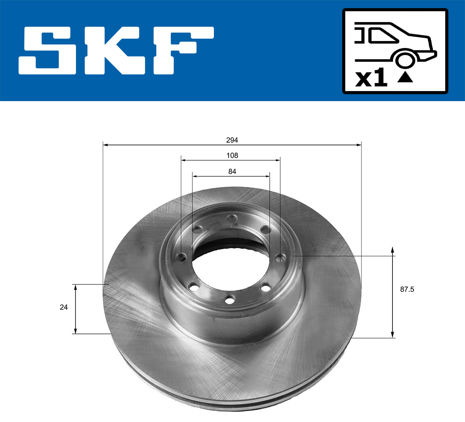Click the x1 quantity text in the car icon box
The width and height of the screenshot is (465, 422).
point(371,79)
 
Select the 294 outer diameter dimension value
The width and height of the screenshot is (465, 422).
point(232,140)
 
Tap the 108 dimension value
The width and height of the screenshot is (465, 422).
point(232,155)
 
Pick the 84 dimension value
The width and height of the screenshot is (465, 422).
point(232,171)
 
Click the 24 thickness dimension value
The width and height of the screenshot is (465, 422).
point(64,307)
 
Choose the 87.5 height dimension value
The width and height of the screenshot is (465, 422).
point(407,289)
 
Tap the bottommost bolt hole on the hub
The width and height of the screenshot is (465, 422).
point(230,300)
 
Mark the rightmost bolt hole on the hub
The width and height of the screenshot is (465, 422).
point(280,257)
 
